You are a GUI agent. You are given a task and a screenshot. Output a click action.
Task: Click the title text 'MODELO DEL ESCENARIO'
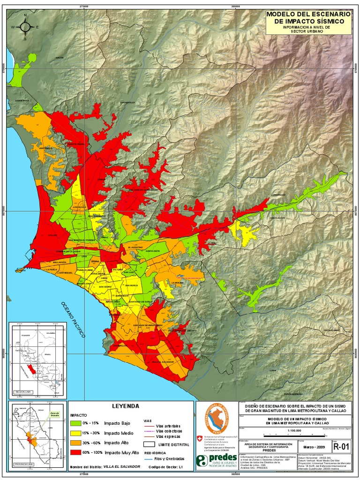(308, 15)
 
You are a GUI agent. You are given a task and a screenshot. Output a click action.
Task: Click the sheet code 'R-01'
(341, 447)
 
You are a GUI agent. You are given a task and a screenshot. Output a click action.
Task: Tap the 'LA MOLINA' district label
(177, 283)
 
